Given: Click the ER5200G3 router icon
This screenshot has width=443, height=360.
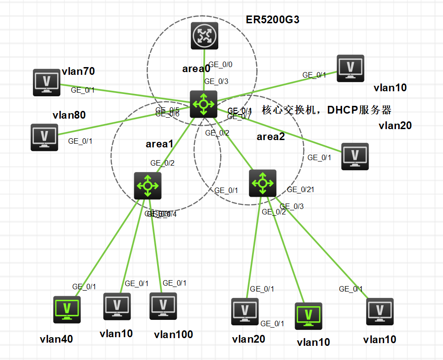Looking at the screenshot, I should tap(205, 36).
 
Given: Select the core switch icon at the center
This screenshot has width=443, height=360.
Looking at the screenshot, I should tap(203, 104).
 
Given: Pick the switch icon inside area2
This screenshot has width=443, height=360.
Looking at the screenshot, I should tap(263, 183).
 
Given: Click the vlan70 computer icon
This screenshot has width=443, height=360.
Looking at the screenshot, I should tap(47, 82).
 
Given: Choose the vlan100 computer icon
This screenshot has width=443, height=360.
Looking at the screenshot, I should tap(163, 306).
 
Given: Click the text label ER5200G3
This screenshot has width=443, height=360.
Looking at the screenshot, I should tap(273, 20).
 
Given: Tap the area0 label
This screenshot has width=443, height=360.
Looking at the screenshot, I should tap(196, 69).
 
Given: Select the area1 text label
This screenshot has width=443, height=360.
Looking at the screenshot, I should tap(159, 144).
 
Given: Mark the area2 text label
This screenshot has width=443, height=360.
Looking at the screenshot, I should tap(270, 136).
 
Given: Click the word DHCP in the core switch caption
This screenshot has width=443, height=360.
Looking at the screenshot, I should tap(343, 110).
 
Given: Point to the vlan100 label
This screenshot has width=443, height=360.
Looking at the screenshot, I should tap(174, 334).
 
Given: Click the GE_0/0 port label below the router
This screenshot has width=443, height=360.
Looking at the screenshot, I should tap(221, 64).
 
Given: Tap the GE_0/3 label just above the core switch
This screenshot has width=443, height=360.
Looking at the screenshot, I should tap(216, 82).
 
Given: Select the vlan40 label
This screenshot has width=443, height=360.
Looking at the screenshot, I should tap(56, 339).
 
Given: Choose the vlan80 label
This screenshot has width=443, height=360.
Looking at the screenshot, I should tap(69, 115).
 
